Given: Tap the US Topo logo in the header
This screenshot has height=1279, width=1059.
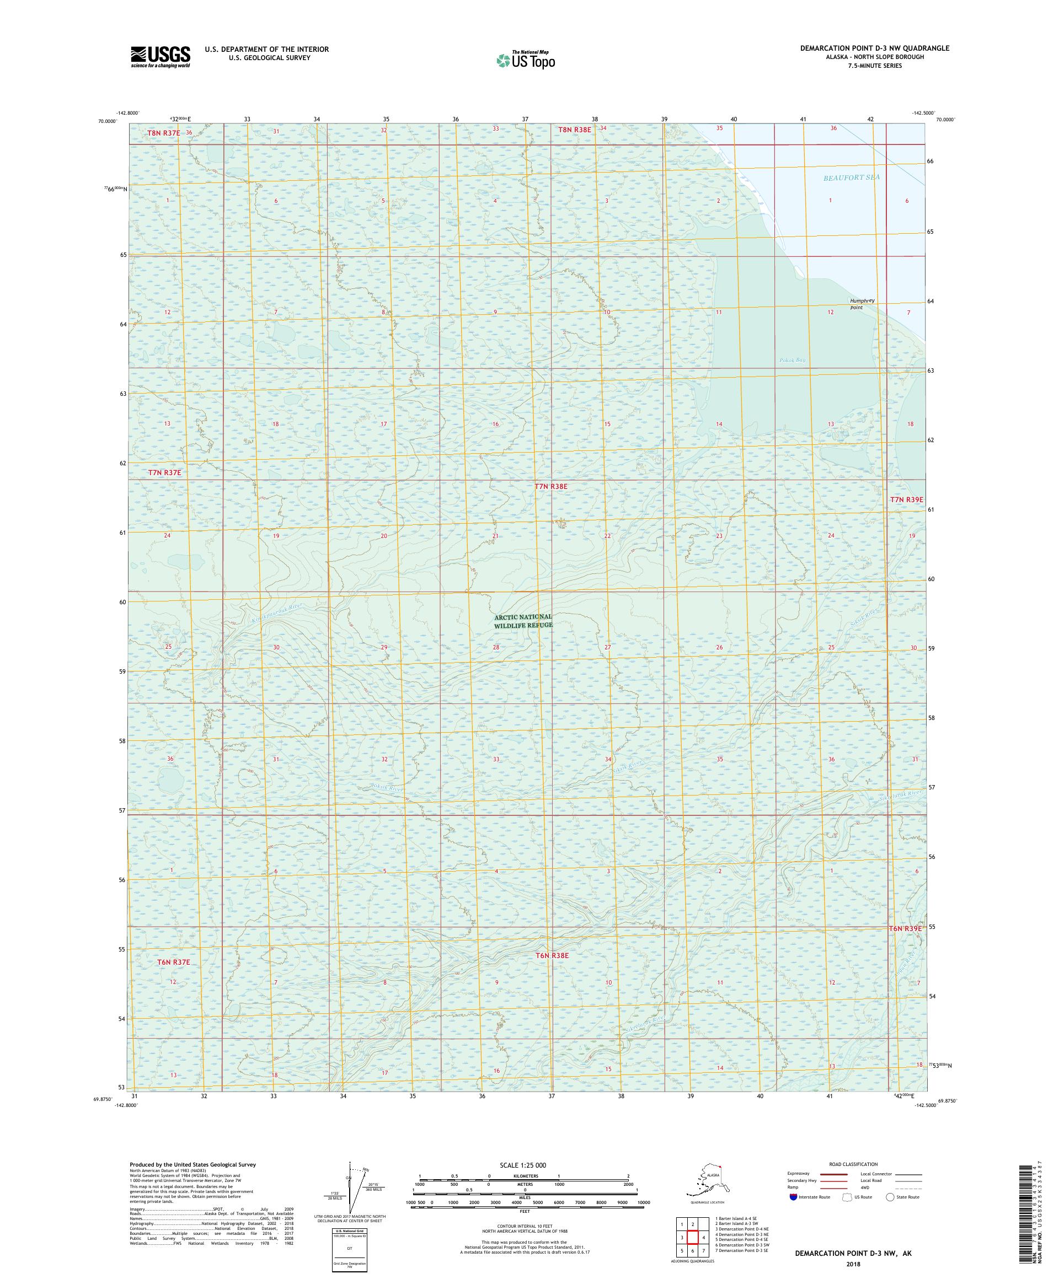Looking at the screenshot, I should point(526,59).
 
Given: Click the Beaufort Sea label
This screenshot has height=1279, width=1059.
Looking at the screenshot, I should point(851,176).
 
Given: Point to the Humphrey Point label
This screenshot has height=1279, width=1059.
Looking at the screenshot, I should point(862,304).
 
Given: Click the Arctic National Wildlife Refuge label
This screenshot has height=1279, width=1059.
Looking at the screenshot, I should point(523,621).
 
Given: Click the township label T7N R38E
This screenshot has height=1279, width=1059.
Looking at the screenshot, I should point(551,487).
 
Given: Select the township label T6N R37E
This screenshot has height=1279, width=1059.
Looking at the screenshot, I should point(174,961).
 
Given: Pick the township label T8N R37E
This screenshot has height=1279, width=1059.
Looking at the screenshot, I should point(163,132).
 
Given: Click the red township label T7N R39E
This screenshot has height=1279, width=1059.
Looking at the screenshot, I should point(907,499).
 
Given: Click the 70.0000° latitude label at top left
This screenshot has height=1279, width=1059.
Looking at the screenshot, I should point(107,121).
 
